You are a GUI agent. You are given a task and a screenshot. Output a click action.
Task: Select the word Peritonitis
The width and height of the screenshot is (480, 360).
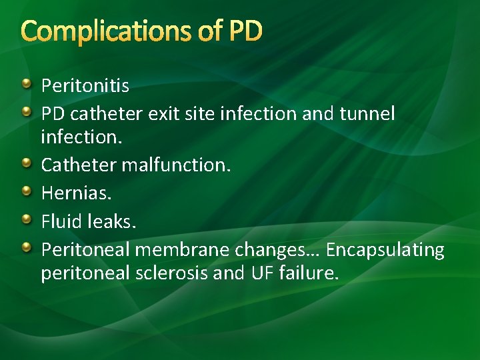tap(85, 86)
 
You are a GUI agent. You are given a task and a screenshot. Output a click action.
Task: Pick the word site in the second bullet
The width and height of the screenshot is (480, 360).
tap(201, 114)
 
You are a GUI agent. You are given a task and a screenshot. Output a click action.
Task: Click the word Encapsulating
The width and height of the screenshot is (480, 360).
tap(385, 250)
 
